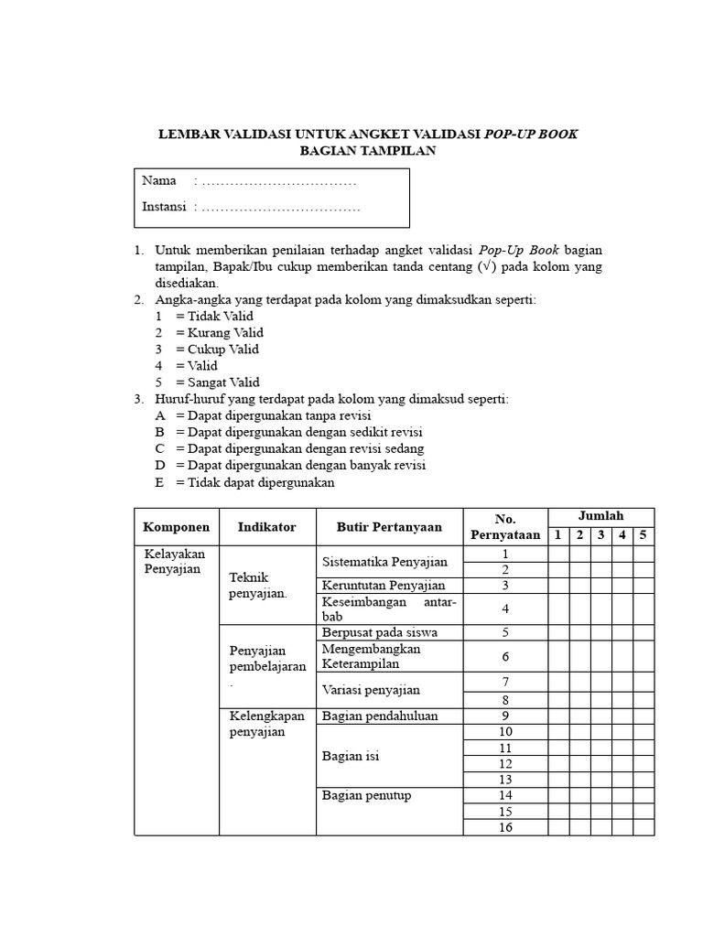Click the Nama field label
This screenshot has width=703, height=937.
point(159,180)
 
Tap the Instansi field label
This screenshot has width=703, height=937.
point(165,207)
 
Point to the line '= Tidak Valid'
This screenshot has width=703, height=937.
point(214,316)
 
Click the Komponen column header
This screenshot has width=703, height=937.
point(176,527)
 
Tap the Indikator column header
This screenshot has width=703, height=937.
point(266,527)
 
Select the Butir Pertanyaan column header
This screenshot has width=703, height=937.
point(389,527)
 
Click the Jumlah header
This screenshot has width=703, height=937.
point(600,517)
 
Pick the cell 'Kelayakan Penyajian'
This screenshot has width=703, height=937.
point(175,562)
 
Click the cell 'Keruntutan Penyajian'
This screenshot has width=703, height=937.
point(384,586)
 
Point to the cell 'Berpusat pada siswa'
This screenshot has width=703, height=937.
point(380,632)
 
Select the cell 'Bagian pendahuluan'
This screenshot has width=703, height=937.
point(380,716)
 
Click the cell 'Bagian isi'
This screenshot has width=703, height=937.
point(351,757)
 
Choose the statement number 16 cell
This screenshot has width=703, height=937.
point(505,828)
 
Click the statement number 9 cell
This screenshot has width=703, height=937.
point(505,716)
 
